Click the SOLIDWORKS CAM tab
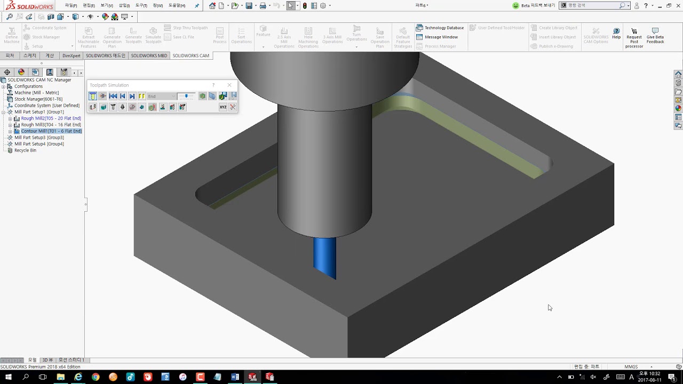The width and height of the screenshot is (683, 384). pos(190,55)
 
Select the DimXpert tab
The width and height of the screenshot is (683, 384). pos(71,55)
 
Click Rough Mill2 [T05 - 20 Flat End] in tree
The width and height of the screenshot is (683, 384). pos(51,118)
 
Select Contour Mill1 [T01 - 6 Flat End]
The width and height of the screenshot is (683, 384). pos(51,131)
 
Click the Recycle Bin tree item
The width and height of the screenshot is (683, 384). pos(25,150)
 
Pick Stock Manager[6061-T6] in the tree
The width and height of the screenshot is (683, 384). pos(38,99)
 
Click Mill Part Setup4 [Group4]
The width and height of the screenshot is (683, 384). pos(39,144)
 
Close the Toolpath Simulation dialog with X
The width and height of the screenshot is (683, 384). pos(229,85)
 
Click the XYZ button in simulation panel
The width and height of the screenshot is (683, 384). pos(223,107)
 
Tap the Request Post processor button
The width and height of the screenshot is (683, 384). pos(634,37)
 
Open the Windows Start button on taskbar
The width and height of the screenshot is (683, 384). pos(9,377)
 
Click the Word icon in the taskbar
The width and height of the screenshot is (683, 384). pos(235,377)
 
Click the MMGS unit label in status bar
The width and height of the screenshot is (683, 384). pos(631,367)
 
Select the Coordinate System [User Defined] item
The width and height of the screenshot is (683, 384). pos(46,106)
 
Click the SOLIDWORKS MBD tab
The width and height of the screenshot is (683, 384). pos(149,55)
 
